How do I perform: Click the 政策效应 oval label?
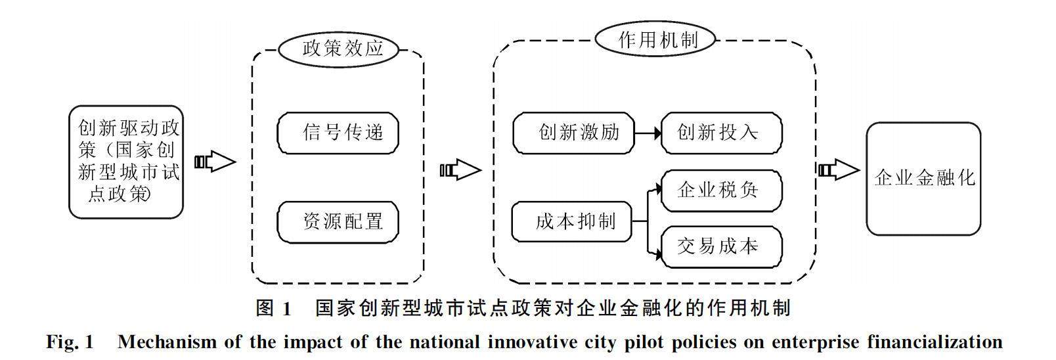pyautogui.click(x=341, y=49)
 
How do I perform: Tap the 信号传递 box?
pyautogui.click(x=338, y=133)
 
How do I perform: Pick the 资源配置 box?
pyautogui.click(x=338, y=221)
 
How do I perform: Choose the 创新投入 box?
pyautogui.click(x=721, y=133)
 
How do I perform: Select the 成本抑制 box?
pyautogui.click(x=571, y=221)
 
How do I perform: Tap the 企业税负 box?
pyautogui.click(x=721, y=191)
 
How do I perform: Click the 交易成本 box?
pyautogui.click(x=721, y=246)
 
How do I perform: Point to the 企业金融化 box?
pyautogui.click(x=923, y=178)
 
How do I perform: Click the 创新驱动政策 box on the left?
pyautogui.click(x=126, y=162)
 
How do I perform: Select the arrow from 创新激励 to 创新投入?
pyautogui.click(x=648, y=133)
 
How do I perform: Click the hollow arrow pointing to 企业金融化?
pyautogui.click(x=839, y=171)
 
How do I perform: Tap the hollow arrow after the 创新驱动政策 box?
pyautogui.click(x=215, y=162)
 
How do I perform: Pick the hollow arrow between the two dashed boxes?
pyautogui.click(x=460, y=171)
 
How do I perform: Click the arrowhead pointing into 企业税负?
pyautogui.click(x=656, y=191)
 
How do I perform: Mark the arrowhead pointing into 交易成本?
pyautogui.click(x=656, y=250)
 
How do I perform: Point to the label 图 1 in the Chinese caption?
pyautogui.click(x=273, y=308)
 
